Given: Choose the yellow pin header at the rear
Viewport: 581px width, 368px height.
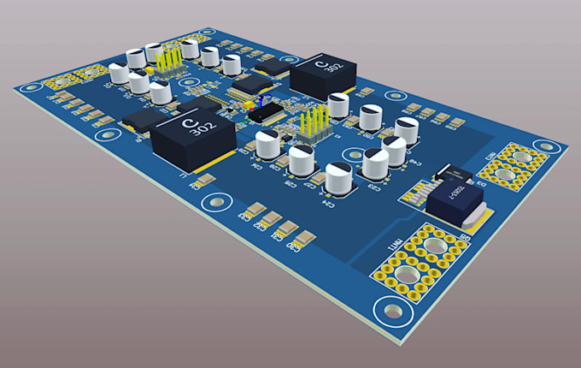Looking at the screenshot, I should tap(168, 60).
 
